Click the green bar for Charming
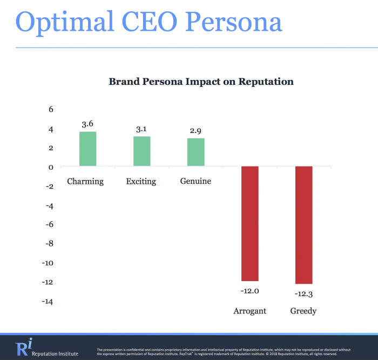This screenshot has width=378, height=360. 87,149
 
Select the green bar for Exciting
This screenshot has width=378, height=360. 141,151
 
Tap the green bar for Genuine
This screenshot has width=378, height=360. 195,152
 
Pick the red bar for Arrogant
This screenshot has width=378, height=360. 249,223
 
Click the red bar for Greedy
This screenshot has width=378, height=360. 303,225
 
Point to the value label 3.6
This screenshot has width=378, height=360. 87,124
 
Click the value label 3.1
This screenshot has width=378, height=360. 141,129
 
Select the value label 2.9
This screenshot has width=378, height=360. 195,131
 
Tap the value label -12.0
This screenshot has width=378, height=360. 249,290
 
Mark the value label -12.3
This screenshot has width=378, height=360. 303,294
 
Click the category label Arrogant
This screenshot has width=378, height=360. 249,311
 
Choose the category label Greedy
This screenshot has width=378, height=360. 303,311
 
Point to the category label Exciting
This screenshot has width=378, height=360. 141,182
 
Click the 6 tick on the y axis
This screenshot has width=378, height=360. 51,109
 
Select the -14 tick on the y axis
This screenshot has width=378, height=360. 48,302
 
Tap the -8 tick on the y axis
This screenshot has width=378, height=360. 49,244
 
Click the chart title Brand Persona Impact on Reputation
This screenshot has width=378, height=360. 201,82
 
